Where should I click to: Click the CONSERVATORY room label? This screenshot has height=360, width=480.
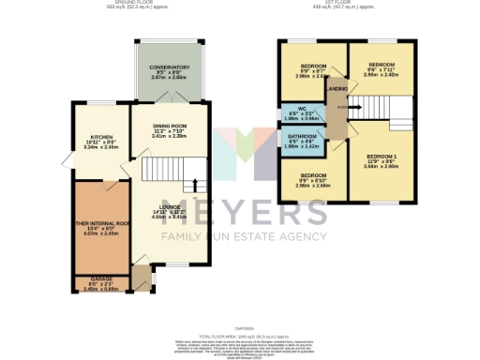tap(170, 67)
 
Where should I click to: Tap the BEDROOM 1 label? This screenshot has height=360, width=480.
tap(382, 156)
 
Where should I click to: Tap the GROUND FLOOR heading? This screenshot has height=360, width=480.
tap(133, 4)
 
